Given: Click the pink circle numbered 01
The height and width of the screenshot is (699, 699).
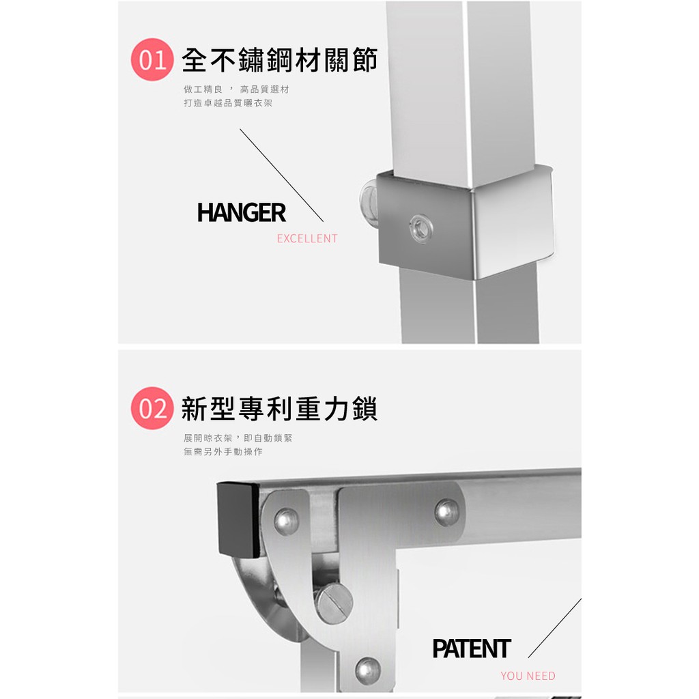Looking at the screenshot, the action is pos(152,60).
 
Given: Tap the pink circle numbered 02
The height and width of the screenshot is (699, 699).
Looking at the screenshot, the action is pos(152,408).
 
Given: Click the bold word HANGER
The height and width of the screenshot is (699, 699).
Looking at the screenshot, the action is pos(241,213).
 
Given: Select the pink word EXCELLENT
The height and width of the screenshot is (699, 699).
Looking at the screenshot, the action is pos(307,238).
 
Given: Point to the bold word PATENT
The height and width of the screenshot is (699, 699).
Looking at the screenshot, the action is pos(472,648).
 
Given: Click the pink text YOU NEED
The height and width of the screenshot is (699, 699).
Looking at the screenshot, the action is pos(528,676).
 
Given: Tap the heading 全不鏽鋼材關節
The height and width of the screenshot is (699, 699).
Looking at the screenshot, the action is pos(280,60).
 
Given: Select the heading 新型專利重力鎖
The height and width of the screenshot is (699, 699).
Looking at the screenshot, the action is pos(279,408).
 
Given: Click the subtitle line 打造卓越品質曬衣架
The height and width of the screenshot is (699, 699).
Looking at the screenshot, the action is pos(228,103).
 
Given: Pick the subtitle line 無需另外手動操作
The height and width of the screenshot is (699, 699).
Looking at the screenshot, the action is pos(223,452).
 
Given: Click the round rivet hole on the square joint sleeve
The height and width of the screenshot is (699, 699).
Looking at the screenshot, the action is pos(420,229).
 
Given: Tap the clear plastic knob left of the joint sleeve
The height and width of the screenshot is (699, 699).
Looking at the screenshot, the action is pos(369,202).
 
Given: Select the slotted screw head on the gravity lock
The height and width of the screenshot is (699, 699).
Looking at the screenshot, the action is pos(334,603).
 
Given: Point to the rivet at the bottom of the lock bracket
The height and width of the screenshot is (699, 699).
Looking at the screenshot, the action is pos(368,670).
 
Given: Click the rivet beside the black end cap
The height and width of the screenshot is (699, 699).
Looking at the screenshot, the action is pos(287,521).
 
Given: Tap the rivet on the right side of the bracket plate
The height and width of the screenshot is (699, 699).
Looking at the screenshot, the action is pos(447,513).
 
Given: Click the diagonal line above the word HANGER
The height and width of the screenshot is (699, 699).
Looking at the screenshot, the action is pos(282,175).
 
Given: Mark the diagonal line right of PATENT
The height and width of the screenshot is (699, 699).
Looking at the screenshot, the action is pos(555,628).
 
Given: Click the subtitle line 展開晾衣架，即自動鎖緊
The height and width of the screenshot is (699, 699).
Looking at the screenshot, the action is pos(238,438).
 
